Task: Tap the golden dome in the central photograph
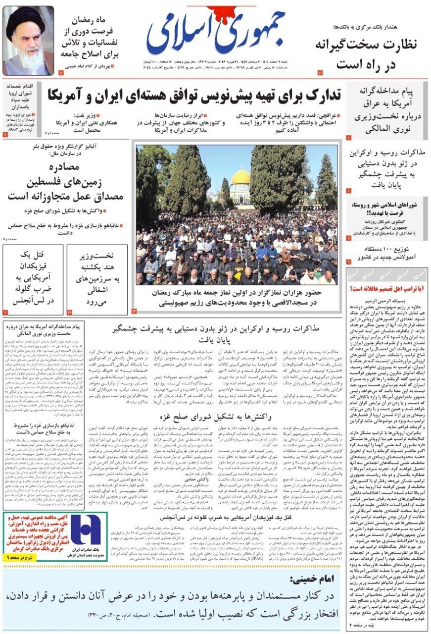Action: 241,178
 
